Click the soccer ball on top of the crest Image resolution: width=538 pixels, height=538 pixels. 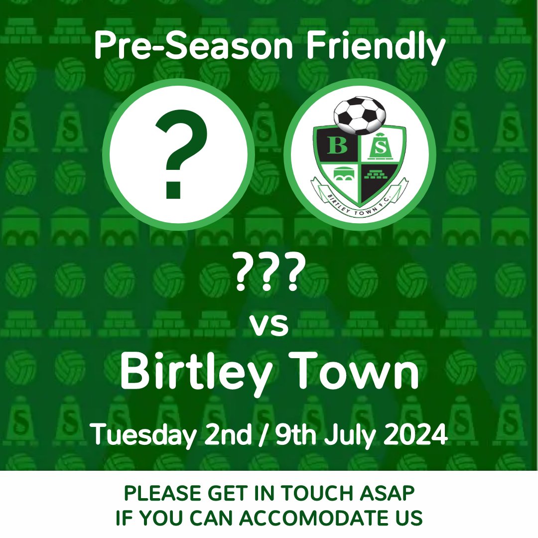359,115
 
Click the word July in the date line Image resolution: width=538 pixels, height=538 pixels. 351,434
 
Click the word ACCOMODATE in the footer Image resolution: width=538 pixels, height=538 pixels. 319,518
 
